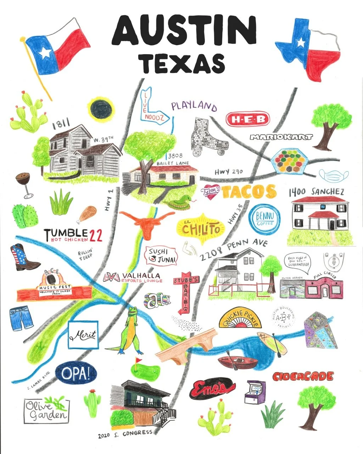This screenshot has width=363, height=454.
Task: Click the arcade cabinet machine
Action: click(255, 392)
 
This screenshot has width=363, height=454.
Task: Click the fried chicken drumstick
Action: click(87, 214)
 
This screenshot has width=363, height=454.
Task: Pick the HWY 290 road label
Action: click(229, 172)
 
